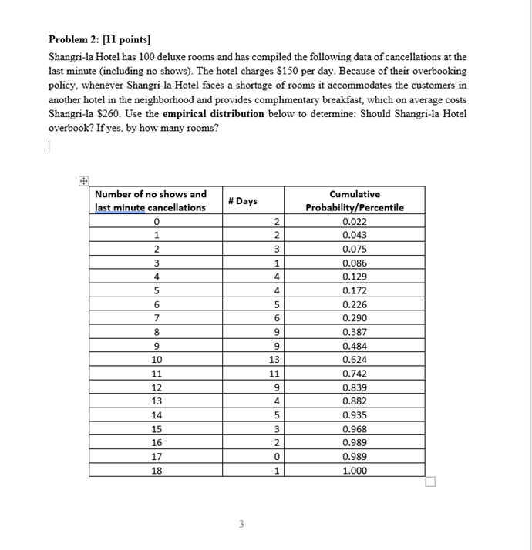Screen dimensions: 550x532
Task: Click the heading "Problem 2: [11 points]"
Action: (x=99, y=39)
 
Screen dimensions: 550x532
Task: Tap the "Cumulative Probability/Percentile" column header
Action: (x=354, y=201)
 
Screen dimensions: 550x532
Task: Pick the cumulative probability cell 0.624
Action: (x=355, y=359)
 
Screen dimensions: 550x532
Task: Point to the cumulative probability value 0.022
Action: (x=355, y=221)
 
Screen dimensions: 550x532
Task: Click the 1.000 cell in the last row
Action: (x=355, y=470)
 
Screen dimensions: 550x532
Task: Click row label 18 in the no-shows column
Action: (x=157, y=470)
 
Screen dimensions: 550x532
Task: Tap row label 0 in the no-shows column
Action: (x=157, y=221)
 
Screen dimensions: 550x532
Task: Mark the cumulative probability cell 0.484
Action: (x=355, y=345)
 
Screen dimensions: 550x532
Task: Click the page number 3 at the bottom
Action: (x=241, y=525)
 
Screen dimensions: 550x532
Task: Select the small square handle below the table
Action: (x=430, y=482)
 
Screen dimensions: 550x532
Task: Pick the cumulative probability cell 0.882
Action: (x=355, y=401)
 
